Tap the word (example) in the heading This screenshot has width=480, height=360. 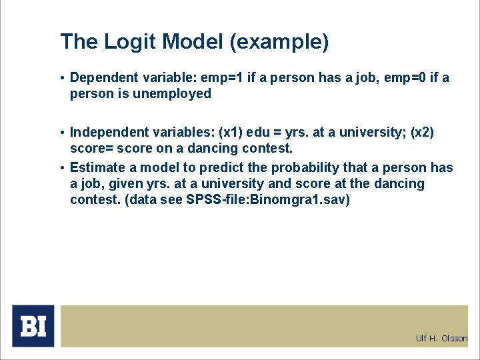[x=279, y=43]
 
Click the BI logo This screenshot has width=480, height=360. [x=33, y=326]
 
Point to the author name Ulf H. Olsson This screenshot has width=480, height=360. [x=441, y=339]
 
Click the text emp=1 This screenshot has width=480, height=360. [x=222, y=78]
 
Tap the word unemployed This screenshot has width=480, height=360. [x=172, y=94]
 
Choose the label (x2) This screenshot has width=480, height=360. [x=421, y=133]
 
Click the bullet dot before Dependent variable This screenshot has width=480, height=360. [x=63, y=78]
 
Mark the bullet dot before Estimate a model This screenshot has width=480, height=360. [x=63, y=167]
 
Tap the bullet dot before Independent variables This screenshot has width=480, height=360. [x=63, y=133]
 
